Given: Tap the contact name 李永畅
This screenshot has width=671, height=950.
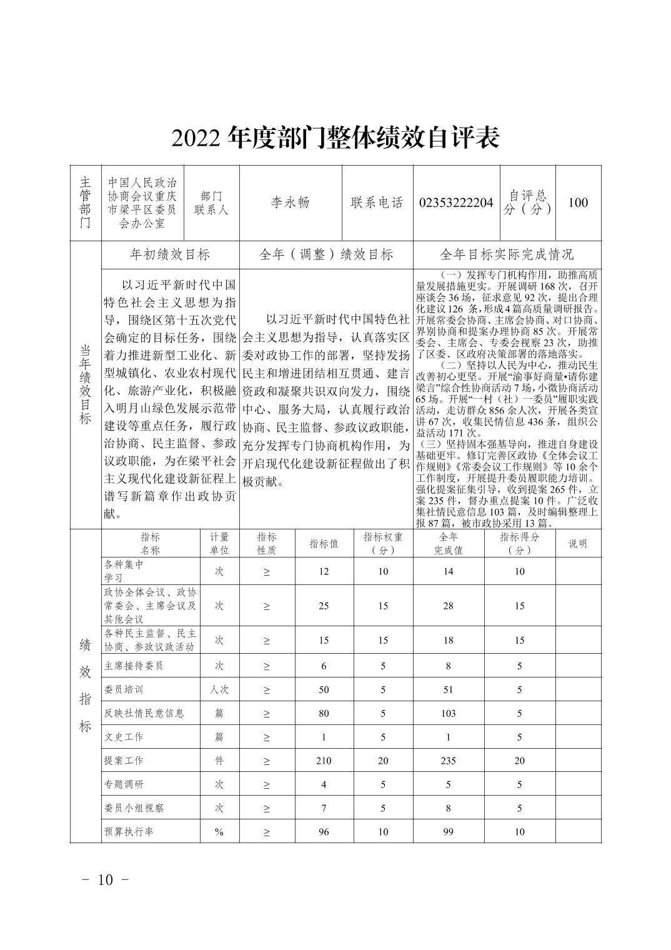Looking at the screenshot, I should point(291,203).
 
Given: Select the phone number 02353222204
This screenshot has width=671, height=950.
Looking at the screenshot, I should point(456,203).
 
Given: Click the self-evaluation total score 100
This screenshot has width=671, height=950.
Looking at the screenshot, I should point(578,203).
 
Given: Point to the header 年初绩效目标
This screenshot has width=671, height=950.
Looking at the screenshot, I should point(170,255).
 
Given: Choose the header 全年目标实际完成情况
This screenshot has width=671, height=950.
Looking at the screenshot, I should point(507,255).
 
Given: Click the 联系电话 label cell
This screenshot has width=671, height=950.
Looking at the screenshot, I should point(377,203).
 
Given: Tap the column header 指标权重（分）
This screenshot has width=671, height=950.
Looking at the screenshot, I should point(383,543).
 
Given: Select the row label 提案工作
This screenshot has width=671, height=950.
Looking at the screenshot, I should point(124,761).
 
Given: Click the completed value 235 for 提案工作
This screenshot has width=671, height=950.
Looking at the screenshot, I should point(448,761).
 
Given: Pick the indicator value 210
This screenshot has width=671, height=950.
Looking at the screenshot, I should point(324,761).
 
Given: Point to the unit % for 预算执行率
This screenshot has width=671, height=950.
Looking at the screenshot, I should point(219,832).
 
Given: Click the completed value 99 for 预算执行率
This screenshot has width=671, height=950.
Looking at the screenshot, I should point(448,832).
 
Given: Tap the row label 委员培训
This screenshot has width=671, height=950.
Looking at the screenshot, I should point(124,690).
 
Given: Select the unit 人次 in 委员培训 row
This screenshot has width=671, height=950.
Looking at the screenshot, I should point(219,690).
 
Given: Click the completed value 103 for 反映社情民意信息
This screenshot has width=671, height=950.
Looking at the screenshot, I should point(448,714).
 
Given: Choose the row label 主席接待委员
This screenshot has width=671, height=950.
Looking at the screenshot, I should point(134,666).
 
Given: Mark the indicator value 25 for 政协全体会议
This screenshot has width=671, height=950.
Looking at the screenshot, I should point(324,606).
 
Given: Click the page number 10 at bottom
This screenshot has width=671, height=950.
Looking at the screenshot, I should point(105,879).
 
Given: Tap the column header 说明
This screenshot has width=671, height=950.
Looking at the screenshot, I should point(578,543).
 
